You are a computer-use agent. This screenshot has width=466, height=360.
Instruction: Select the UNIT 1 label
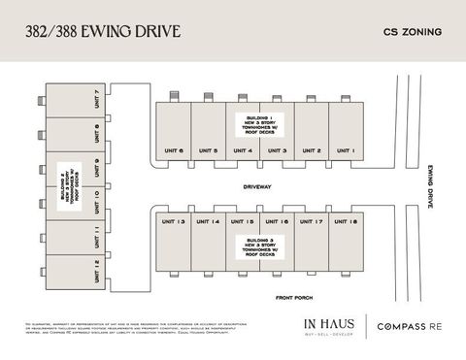coord(346,150)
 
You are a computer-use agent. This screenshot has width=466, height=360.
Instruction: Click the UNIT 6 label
coord(174,150)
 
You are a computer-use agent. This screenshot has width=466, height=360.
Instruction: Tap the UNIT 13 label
coord(174,222)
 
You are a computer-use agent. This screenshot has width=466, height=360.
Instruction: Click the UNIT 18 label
coord(346,222)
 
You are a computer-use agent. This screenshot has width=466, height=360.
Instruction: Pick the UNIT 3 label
coord(277,150)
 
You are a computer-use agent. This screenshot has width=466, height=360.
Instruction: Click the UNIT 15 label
coord(243,222)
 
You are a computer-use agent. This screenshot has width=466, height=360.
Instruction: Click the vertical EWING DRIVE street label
coord(430,186)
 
